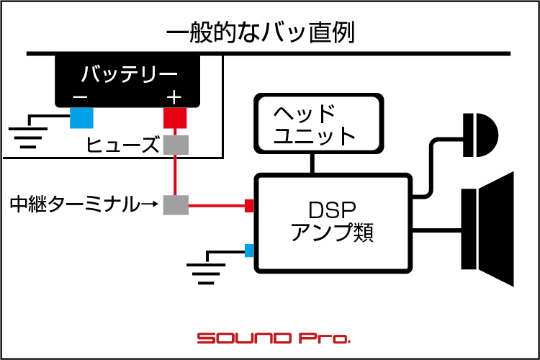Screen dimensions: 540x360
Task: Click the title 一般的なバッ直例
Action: tap(261, 32)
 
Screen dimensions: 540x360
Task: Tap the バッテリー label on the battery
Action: tap(130, 73)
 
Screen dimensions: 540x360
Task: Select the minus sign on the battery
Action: tap(80, 97)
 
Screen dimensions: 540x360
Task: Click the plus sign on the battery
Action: tap(174, 97)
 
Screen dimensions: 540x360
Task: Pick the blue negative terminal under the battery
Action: tap(81, 118)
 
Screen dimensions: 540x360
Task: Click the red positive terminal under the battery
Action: tap(175, 118)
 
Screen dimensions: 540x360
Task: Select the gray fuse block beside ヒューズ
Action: tap(176, 145)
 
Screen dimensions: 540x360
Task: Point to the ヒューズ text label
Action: tap(122, 145)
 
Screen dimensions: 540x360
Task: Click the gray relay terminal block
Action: tap(176, 205)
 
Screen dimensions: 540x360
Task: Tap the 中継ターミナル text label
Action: tap(75, 204)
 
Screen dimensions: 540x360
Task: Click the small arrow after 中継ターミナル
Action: tap(150, 204)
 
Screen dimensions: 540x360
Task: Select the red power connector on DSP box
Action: tap(249, 206)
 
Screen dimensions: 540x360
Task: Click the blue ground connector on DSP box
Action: tap(249, 251)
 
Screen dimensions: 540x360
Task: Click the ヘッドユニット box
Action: tap(318, 123)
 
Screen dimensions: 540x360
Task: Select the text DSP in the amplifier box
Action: tap(332, 210)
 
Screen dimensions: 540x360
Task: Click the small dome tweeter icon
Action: tap(480, 135)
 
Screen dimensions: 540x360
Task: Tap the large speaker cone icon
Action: tap(487, 229)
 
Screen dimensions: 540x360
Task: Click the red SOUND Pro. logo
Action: tap(274, 338)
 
